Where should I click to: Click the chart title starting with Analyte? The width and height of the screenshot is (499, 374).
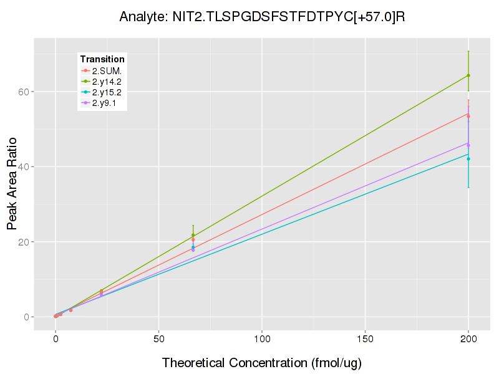pyautogui.click(x=263, y=16)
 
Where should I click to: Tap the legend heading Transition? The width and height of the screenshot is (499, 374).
pyautogui.click(x=102, y=59)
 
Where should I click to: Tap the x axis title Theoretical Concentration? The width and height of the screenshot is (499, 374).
pyautogui.click(x=262, y=363)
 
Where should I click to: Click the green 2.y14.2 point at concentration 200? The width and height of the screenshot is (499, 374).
pyautogui.click(x=468, y=75)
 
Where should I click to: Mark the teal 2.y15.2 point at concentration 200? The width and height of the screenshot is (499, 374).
pyautogui.click(x=468, y=159)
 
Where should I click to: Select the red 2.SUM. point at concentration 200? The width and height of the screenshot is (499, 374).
pyautogui.click(x=468, y=117)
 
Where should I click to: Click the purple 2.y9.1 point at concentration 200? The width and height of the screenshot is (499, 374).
pyautogui.click(x=468, y=145)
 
